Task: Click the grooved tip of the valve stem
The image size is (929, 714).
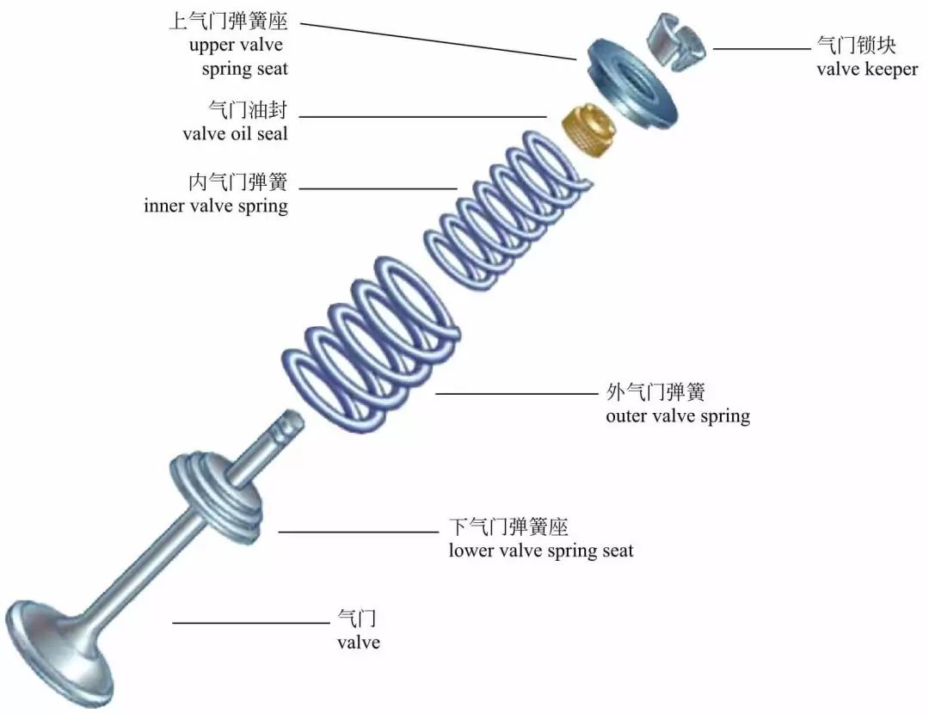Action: (291, 422)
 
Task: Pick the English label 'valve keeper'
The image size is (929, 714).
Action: (866, 69)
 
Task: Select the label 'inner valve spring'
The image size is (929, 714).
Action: (216, 206)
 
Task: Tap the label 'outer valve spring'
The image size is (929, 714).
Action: (677, 416)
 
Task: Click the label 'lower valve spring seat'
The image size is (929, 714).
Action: (540, 551)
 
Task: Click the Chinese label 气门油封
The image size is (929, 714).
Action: (249, 111)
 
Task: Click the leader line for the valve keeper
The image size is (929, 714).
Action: (761, 49)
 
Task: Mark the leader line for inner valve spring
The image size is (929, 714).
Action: (378, 188)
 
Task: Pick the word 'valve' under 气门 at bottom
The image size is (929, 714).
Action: (358, 642)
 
